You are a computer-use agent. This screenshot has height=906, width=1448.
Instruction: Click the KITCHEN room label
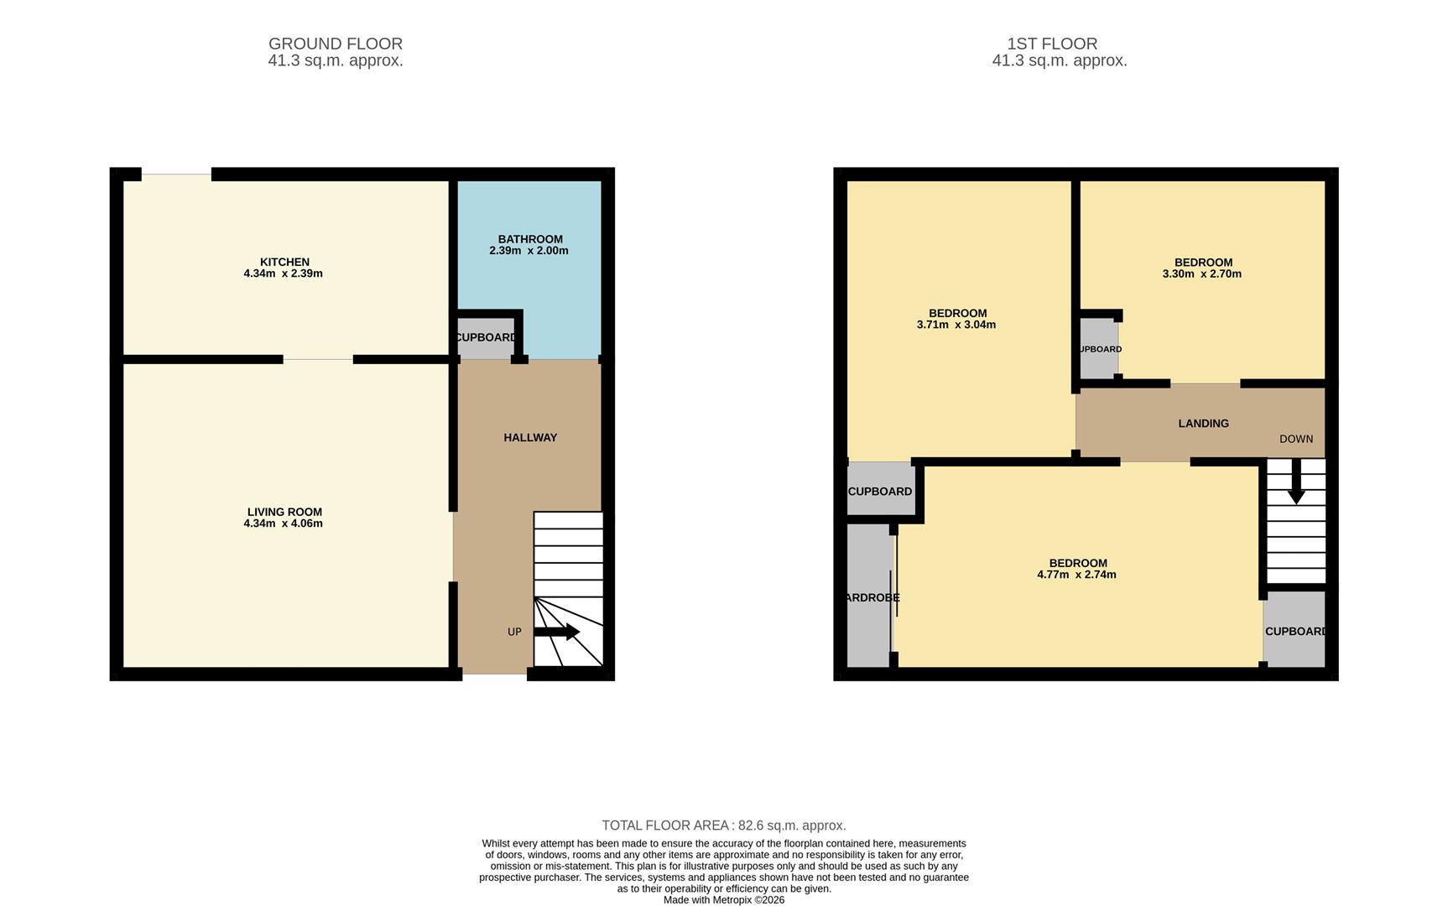[284, 262]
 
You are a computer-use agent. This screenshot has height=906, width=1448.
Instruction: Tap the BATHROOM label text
[530, 239]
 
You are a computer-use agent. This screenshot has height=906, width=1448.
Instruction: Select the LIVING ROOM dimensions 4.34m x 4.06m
[283, 523]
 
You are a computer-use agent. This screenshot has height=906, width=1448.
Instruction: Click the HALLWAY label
[530, 437]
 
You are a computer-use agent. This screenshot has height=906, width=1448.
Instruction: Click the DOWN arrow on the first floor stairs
[1296, 483]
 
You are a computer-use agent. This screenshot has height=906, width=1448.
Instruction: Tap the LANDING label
[1203, 424]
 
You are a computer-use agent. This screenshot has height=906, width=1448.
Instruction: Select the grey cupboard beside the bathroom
[485, 338]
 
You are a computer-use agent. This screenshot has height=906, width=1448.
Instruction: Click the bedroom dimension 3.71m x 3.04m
[956, 325]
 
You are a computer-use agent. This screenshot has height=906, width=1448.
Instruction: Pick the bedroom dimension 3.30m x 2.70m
[1201, 273]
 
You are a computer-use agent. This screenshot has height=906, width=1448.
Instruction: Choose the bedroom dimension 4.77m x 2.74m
[1076, 575]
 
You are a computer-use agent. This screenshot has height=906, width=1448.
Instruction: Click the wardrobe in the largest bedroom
[869, 597]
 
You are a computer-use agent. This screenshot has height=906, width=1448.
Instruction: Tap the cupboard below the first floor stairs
[1294, 631]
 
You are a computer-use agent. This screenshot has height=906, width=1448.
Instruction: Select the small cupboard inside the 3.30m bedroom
[1098, 349]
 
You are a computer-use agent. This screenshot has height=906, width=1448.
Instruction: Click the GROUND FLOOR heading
[336, 44]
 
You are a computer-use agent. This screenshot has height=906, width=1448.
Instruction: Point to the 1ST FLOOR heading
[1052, 44]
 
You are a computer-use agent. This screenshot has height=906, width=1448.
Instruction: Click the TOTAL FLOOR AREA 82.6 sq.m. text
[723, 825]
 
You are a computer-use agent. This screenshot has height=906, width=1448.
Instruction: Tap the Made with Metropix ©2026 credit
[723, 899]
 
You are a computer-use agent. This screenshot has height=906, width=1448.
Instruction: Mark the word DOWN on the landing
[1296, 439]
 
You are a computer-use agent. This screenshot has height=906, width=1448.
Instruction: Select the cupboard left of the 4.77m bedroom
[879, 492]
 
